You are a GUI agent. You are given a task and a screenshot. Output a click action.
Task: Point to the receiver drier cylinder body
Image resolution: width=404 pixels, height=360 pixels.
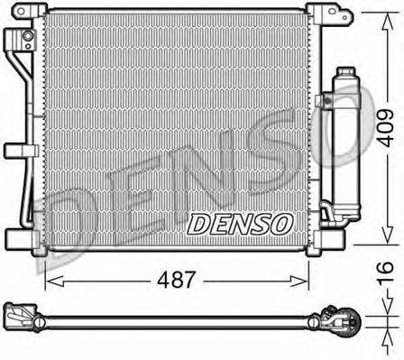click(x=346, y=144)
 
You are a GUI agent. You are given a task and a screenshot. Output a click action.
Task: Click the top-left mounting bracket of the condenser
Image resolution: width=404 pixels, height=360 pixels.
click(x=34, y=14)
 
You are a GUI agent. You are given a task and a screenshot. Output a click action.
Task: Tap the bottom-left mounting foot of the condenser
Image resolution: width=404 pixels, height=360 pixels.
click(x=18, y=240)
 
